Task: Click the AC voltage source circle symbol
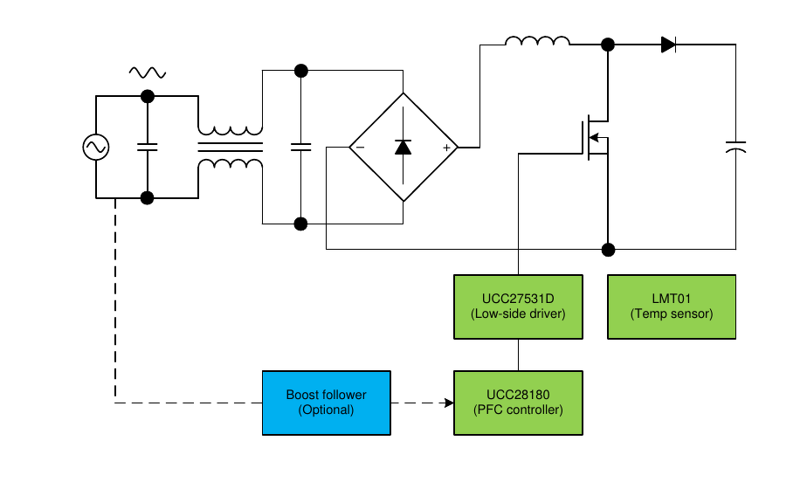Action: (x=95, y=148)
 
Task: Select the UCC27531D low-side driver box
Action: (x=518, y=306)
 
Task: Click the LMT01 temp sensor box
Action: (x=672, y=306)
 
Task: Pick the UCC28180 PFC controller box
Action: (x=518, y=403)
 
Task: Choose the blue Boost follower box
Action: (x=326, y=403)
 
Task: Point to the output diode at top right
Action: (x=668, y=45)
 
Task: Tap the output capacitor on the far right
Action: (x=735, y=148)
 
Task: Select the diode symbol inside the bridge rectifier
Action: (x=403, y=147)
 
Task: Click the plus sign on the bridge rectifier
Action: (x=447, y=148)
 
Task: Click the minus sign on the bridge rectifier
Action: (x=359, y=148)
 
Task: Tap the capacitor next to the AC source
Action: (x=147, y=148)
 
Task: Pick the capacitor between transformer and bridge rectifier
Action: (x=300, y=148)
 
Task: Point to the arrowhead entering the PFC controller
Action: (x=449, y=403)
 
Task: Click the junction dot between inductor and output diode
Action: (x=608, y=45)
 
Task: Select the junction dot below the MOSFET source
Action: (x=609, y=250)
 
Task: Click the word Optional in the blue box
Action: (x=326, y=410)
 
